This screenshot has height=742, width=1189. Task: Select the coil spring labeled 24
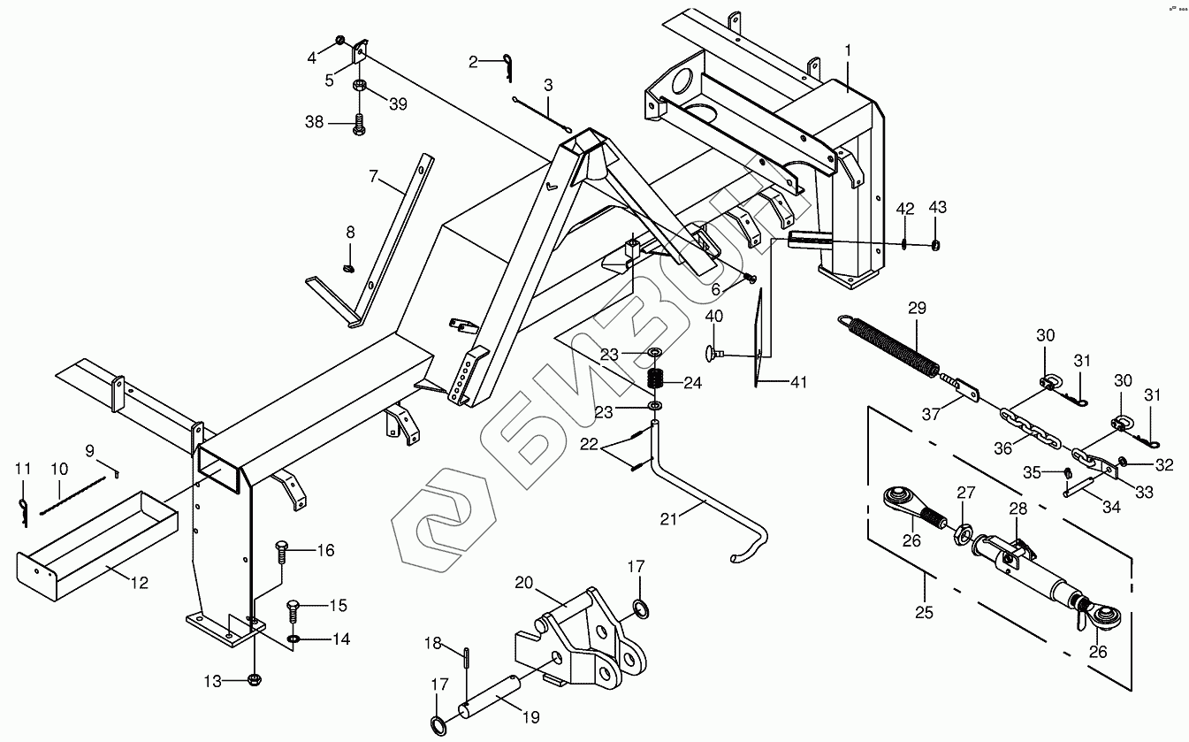click(x=656, y=379)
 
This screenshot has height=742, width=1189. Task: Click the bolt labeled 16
click(x=281, y=550)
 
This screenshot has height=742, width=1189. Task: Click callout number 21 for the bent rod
click(x=668, y=518)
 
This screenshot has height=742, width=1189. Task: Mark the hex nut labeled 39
click(x=360, y=87)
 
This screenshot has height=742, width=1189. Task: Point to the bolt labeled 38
click(x=360, y=125)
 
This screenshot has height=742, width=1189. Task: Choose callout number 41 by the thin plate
click(x=798, y=383)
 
